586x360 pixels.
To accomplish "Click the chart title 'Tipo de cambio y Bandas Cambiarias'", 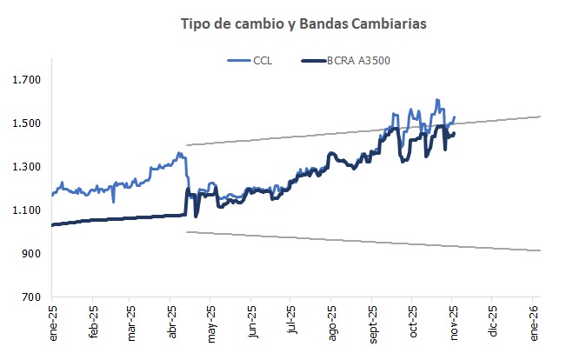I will pos(303,23).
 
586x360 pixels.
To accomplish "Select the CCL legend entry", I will pos(253,61).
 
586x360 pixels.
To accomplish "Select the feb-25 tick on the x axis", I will pos(92,323).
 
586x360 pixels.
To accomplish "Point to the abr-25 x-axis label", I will pos(172,323).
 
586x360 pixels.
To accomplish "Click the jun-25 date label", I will pos(252,323).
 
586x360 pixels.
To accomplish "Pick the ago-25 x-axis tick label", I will pos(332,323).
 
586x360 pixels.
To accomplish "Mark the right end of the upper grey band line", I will pos(541,117).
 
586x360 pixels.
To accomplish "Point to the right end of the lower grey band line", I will pos(541,250).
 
